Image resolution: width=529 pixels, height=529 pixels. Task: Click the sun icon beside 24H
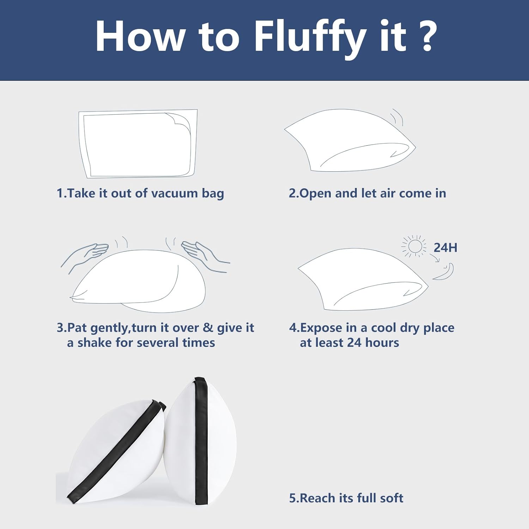[414, 246]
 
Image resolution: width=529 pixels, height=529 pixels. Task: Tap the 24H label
[445, 248]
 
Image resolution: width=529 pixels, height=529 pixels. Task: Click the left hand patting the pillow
[85, 256]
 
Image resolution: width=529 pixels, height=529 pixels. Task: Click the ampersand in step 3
[208, 328]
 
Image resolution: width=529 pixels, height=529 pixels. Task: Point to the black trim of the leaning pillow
[116, 450]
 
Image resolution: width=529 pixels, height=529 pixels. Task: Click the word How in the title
[140, 37]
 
